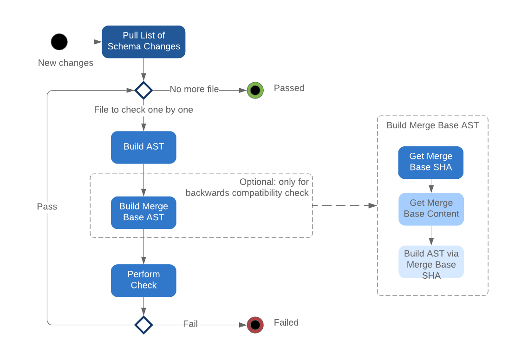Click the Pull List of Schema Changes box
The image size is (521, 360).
tap(143, 41)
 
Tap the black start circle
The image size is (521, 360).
tap(59, 42)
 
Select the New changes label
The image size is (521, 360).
tap(65, 63)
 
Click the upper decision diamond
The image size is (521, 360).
tap(143, 90)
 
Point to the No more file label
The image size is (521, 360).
tap(194, 89)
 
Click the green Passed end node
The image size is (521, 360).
tap(255, 90)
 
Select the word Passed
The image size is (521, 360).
tap(289, 88)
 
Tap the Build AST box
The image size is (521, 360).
tap(143, 147)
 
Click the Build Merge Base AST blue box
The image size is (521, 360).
tap(143, 212)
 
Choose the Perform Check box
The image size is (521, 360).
tap(143, 280)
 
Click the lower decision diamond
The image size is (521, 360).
tap(143, 324)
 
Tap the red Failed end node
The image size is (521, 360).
tap(255, 324)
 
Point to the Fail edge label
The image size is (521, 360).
tap(190, 324)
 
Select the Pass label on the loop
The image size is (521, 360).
tap(47, 206)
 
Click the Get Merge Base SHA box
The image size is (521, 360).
tap(430, 162)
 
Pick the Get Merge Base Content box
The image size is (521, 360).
tap(431, 209)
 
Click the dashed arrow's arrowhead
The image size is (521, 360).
tap(372, 205)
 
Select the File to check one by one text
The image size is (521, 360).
tap(143, 110)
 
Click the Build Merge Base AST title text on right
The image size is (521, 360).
tap(432, 125)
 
